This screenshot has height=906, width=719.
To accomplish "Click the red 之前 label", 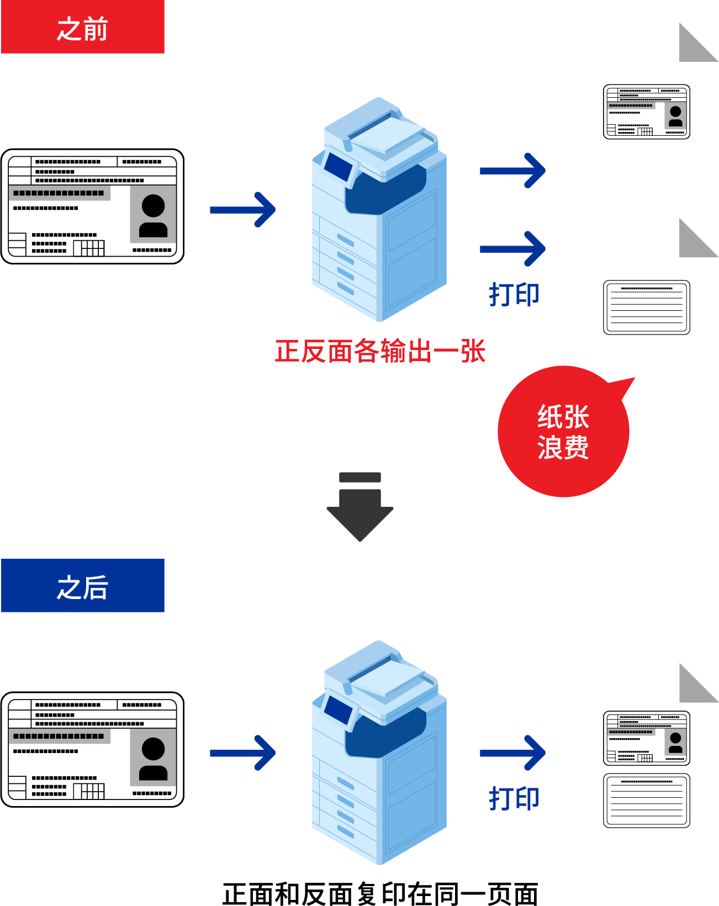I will point(83,28).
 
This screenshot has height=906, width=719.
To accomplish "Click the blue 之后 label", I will point(83,586).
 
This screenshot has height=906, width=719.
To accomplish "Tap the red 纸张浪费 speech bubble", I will point(563,432).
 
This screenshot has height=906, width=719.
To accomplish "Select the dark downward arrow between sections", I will point(360,508).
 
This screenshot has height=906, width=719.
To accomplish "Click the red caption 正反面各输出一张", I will point(380,351).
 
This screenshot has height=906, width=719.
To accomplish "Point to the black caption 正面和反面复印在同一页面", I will point(380,893).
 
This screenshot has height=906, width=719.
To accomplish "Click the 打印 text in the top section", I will point(514,294).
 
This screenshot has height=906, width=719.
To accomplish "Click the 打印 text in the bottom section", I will point(514,798).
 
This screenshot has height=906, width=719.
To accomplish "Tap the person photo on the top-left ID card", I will point(153,215).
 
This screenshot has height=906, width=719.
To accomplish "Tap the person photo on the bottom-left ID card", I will point(153,758).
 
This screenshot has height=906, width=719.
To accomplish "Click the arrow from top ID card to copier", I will point(243,210).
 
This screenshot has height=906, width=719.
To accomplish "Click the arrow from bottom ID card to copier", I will point(243,753).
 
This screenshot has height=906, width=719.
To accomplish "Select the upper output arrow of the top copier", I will point(512,171).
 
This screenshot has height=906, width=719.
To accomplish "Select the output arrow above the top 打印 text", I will point(512,249).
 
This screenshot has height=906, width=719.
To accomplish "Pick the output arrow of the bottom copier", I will point(512,753).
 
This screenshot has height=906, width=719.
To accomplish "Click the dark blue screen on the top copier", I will point(338,166).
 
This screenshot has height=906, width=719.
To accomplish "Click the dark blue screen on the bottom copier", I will point(338,709).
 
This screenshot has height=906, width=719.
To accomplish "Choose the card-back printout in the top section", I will point(647,308).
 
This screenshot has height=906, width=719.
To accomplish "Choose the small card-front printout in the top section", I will point(647,112).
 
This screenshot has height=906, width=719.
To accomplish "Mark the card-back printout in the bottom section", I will point(647,801).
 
